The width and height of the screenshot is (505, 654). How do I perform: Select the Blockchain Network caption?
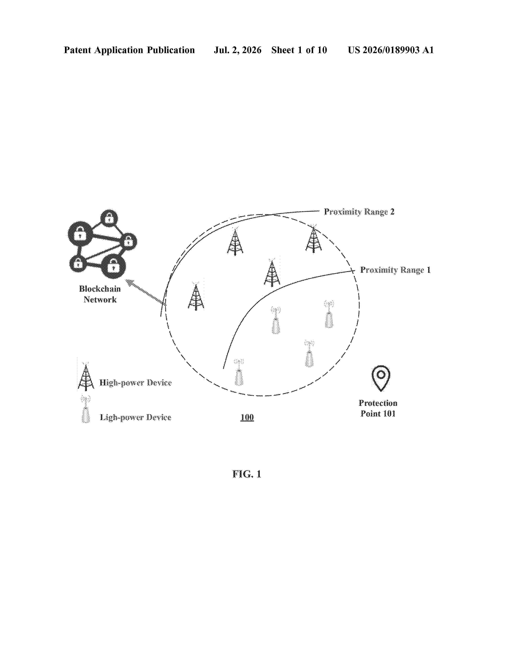[100, 294]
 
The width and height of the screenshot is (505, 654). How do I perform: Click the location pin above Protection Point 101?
[381, 378]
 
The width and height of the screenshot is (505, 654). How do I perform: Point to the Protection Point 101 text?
[378, 408]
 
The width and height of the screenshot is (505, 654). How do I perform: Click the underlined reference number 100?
[247, 417]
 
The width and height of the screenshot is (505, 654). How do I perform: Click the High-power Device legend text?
[135, 383]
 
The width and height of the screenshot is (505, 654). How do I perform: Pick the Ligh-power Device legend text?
[135, 417]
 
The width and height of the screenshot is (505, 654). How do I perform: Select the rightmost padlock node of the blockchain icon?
[128, 241]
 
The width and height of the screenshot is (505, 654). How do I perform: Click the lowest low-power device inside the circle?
[239, 372]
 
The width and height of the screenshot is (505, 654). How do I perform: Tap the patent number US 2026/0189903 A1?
[391, 50]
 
